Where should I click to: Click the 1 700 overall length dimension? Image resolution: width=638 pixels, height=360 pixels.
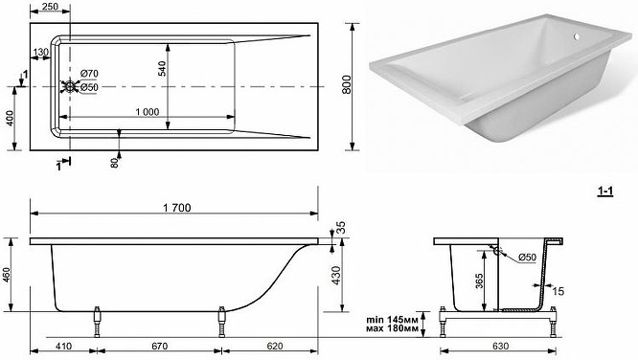(176, 208)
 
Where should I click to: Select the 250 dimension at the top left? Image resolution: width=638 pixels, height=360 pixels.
(50, 6)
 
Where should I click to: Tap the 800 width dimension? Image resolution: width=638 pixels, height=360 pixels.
(346, 84)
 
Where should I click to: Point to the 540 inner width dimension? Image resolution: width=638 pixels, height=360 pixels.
(162, 68)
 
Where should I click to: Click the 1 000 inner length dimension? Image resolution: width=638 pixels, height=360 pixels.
(148, 112)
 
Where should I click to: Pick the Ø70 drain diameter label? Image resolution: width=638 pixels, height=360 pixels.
(89, 74)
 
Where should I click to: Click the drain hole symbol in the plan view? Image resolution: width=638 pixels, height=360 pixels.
(70, 86)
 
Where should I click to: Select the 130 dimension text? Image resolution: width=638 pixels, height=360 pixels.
(40, 53)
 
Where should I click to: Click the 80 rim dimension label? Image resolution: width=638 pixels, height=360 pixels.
(114, 163)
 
